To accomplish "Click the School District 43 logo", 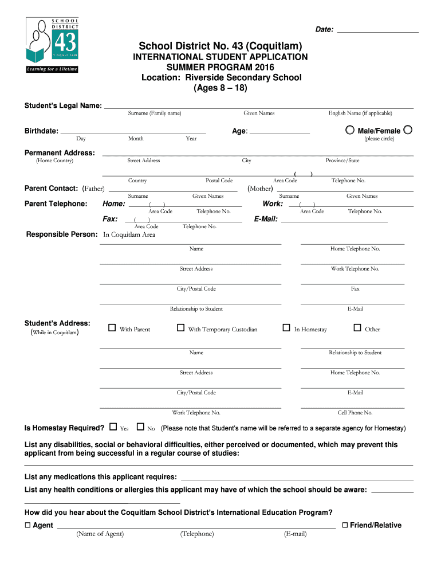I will pos(52,45).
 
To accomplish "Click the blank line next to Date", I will pos(377,30).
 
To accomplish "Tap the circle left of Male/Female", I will pos(349,130).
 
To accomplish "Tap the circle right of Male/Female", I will pos(407,130).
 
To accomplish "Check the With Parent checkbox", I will pos(112,328).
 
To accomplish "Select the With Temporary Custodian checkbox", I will pos(180,328).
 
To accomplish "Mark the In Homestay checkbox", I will pos(286,328).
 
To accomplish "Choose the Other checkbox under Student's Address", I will pos(357,328).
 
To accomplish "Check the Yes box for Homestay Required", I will pos(113,427).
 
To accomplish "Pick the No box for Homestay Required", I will pos(140,427).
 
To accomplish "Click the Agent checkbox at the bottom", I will pos(27,525).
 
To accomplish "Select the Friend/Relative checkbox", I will pos(345,525).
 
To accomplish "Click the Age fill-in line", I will pos(279,131).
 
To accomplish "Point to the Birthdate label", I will pos(41,131).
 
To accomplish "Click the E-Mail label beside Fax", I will pos(266,219).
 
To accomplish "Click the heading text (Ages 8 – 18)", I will pos(220,88).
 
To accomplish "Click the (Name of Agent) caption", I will pos(100,534).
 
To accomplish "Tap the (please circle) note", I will pos(379,139).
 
